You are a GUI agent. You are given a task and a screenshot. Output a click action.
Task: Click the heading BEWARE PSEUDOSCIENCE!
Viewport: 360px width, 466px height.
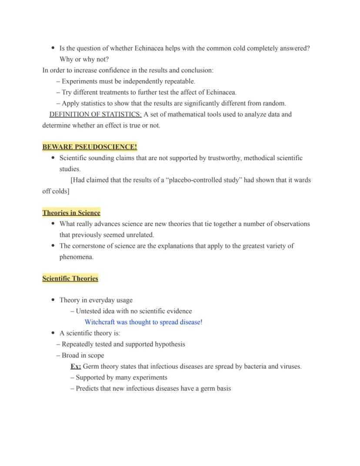(90, 147)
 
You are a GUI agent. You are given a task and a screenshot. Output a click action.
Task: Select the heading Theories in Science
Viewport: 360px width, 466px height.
(71, 213)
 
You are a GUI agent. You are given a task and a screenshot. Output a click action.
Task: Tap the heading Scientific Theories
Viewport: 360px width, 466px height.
(70, 278)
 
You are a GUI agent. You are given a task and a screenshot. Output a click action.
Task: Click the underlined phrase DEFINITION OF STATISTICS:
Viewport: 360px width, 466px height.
(96, 114)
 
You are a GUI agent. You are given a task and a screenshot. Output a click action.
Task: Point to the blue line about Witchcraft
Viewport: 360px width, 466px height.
(143, 322)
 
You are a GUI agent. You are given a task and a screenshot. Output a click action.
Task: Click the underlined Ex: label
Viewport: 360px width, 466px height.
(76, 366)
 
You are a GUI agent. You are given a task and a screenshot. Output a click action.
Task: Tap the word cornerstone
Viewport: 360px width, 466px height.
(92, 246)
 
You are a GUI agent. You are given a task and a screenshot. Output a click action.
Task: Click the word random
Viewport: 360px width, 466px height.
(274, 104)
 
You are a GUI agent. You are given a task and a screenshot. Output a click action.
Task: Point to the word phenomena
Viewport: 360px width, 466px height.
(76, 257)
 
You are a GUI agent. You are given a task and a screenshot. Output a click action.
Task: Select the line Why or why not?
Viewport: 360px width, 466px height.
(84, 59)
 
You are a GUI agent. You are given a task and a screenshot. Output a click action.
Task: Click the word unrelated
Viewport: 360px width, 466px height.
(140, 235)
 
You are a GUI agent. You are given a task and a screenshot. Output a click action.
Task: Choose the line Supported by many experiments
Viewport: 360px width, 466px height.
(121, 377)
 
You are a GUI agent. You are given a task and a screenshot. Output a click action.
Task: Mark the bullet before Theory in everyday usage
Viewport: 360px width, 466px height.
(53, 300)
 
